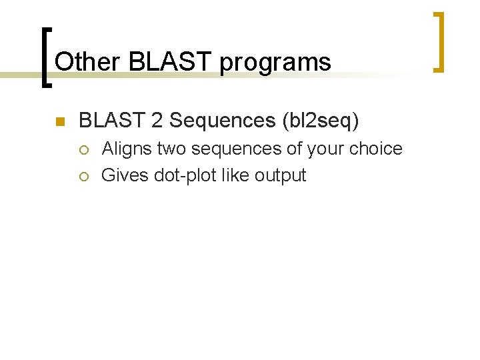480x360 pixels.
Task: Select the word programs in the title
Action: pos(275,62)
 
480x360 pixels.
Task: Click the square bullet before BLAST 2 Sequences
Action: pos(58,121)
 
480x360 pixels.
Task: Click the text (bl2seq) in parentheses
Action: pos(321,121)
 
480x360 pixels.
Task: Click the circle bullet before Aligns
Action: pos(83,149)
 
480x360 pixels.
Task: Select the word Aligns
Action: pos(127,149)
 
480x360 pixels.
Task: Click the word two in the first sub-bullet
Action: pos(172,149)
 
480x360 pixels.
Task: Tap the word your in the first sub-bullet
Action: pos(327,149)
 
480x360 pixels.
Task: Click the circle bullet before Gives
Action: pos(83,177)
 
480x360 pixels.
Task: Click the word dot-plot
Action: pos(184,176)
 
